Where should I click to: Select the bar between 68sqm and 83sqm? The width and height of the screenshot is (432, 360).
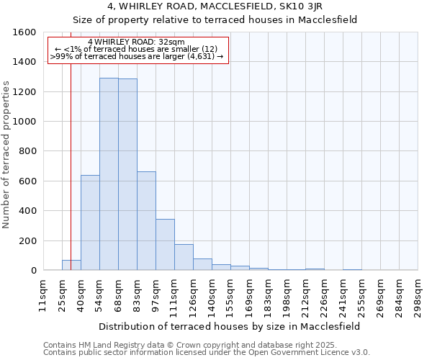[127, 174]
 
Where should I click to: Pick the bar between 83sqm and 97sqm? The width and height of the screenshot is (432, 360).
[146, 221]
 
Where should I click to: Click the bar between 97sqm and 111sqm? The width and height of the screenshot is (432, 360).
[165, 245]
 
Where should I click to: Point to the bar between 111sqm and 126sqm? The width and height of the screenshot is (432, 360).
[184, 257]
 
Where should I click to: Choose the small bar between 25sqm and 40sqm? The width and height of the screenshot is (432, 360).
[71, 265]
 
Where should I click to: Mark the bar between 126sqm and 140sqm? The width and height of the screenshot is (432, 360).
[202, 264]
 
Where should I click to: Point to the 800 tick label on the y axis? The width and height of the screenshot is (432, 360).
[27, 151]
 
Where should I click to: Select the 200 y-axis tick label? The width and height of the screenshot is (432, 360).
[27, 240]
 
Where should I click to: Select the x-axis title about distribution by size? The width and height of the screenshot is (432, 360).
[230, 326]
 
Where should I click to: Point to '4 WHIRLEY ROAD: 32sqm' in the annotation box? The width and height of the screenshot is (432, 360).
[135, 42]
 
